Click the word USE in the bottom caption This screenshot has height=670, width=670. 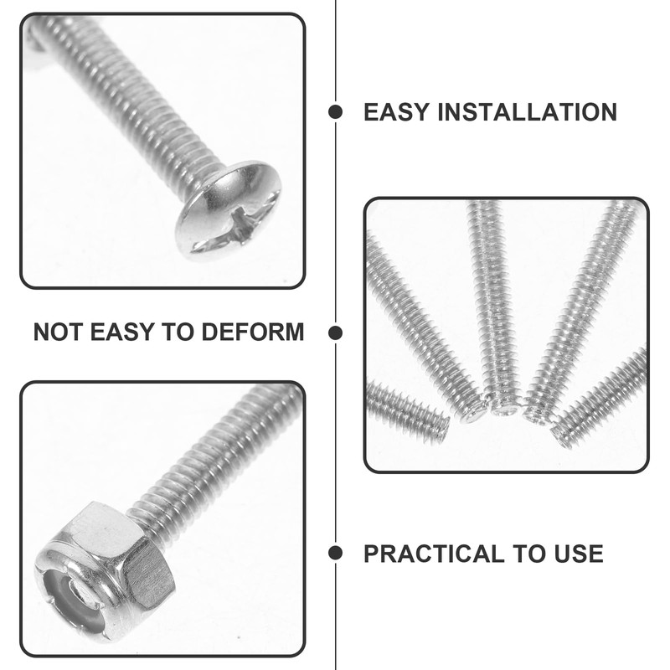tap(575, 554)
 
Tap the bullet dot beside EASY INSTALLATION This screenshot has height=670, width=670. tap(335, 112)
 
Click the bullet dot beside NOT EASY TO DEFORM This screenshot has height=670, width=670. tap(335, 332)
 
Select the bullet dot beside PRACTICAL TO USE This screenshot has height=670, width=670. tap(335, 553)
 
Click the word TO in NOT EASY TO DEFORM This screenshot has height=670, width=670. tap(178, 332)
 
